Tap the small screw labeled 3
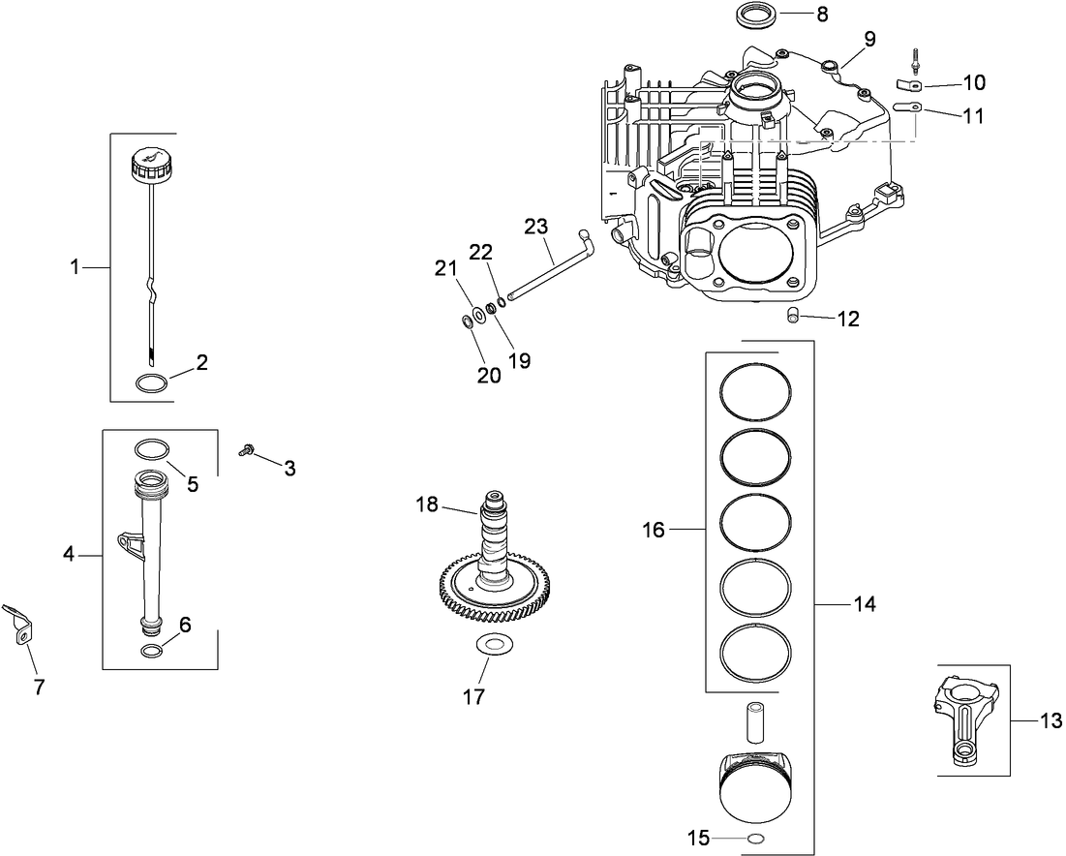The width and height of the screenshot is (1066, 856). [248, 449]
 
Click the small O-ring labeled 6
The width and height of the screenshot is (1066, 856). [152, 650]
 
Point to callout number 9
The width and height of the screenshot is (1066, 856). [868, 40]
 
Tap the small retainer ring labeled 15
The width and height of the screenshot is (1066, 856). [756, 838]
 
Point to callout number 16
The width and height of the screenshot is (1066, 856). [654, 530]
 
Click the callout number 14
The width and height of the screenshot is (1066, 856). [864, 604]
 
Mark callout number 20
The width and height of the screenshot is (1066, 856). [489, 376]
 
